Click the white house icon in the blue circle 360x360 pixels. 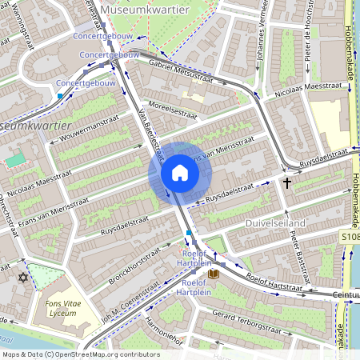tap(179, 172)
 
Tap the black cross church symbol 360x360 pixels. tap(286, 182)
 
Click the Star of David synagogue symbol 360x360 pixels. tap(22, 278)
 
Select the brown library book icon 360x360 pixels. tap(212, 274)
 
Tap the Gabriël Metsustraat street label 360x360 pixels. tap(180, 72)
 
